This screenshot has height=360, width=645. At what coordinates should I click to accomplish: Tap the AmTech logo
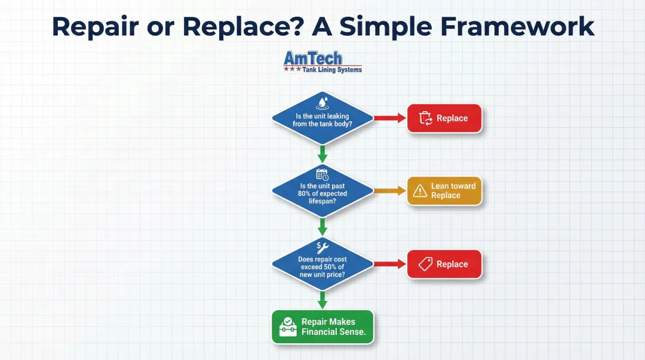322,62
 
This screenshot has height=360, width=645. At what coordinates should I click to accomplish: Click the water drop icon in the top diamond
322,102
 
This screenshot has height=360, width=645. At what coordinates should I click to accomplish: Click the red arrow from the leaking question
389,118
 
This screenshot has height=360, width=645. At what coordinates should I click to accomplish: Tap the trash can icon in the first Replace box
426,118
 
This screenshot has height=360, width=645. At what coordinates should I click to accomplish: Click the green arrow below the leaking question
322,153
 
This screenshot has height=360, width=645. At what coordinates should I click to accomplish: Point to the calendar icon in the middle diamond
322,174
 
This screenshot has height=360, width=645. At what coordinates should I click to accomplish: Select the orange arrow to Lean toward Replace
389,191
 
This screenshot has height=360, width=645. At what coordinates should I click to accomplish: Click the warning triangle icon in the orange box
420,191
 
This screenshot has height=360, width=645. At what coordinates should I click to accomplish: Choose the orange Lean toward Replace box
444,191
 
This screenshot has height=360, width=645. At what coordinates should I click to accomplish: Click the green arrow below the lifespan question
322,226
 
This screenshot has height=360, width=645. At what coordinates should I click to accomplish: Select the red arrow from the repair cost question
389,264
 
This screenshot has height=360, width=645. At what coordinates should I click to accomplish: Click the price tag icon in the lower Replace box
425,264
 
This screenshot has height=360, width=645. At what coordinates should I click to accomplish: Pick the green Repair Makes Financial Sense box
322,327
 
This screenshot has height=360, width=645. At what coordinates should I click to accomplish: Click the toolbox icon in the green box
288,327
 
